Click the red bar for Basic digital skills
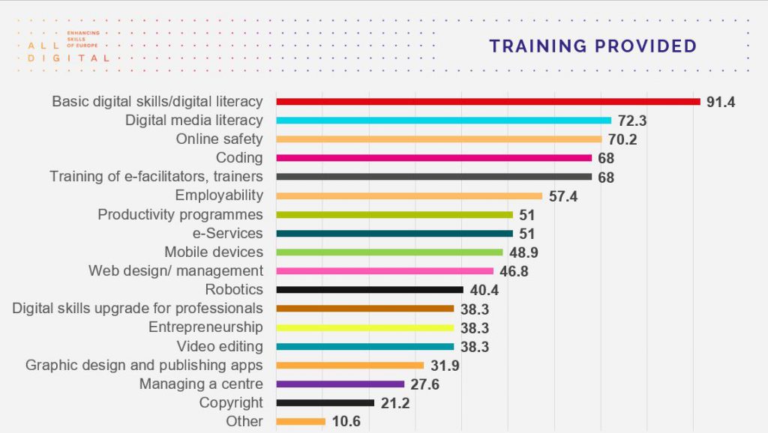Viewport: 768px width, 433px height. point(487,101)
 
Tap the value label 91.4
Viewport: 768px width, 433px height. point(721,101)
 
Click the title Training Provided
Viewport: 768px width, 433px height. point(592,46)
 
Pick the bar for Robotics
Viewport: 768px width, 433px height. point(370,290)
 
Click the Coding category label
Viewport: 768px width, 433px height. point(239,157)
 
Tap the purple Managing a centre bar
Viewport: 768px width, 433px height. point(340,384)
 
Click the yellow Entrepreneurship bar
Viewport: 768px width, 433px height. point(365,327)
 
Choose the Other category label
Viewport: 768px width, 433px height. point(244,421)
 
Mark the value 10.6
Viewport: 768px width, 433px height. point(346,421)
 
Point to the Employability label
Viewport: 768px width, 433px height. point(219,195)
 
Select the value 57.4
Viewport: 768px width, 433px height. point(563,196)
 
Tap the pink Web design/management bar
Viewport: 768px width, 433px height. point(385,271)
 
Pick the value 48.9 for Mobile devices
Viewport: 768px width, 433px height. point(524,252)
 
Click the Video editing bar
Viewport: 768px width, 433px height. point(365,346)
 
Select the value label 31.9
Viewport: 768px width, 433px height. point(445,366)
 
